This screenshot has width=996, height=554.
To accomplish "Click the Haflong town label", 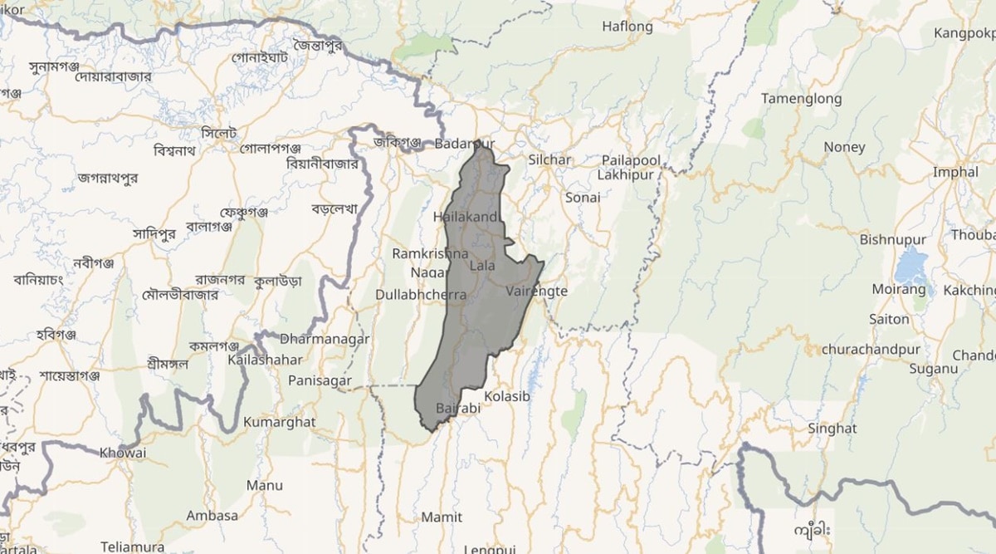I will (x=627, y=27).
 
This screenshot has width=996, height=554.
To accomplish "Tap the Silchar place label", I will (x=549, y=159).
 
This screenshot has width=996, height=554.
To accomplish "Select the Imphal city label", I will (x=955, y=173).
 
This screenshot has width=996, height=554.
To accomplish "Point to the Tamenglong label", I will (x=801, y=99).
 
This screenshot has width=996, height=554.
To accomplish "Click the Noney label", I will (x=844, y=147).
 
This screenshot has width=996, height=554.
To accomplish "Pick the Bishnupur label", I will (x=892, y=240).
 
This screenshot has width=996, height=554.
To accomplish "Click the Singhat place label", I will (x=832, y=429).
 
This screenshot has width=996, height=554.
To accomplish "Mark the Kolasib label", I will (x=506, y=396).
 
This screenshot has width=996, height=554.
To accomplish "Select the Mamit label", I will (x=442, y=517).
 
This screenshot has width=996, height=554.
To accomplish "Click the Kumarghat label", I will (x=279, y=422).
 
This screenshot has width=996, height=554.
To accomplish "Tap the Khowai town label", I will (x=123, y=453).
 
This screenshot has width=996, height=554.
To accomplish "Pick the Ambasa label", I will (x=212, y=516).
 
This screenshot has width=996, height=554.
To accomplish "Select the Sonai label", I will (x=582, y=198).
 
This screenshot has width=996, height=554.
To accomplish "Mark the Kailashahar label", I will (x=264, y=360).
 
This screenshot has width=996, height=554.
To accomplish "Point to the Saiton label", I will (x=889, y=319).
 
